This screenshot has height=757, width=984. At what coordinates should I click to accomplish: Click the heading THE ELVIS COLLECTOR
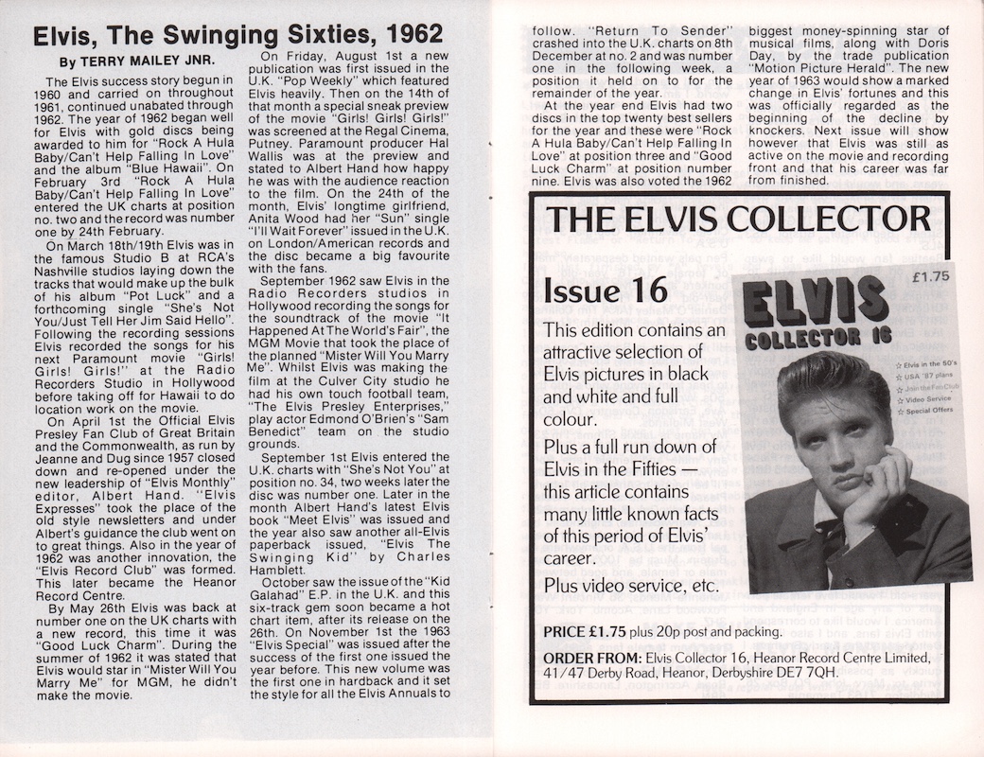click(x=738, y=219)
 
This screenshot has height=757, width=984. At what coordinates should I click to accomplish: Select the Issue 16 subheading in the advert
click(x=606, y=290)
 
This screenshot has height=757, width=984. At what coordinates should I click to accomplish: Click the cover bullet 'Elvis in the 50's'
click(x=932, y=364)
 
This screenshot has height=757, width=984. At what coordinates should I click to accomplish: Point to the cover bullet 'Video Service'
click(x=931, y=400)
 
